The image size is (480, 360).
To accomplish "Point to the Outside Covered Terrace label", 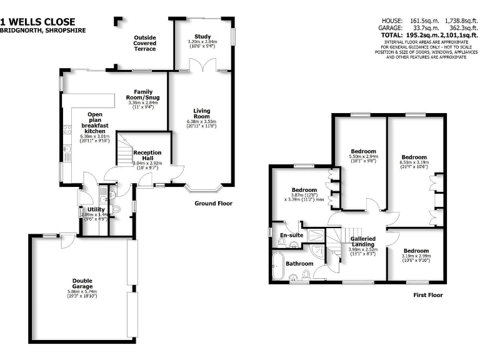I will coord(145,43).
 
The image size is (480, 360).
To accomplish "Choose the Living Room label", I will coord(201,112).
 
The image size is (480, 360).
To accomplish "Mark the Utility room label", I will coord(96,209).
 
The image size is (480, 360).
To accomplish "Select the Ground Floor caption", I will coord(213,203).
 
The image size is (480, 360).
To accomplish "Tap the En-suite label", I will coord(291,235).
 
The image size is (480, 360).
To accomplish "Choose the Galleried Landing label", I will coord(362,242).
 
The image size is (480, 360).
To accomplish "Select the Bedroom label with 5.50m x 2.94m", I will coord(363,151).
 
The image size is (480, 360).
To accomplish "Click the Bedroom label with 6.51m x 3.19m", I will coord(413,157).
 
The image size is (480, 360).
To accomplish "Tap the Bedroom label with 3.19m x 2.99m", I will coord(416,251).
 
